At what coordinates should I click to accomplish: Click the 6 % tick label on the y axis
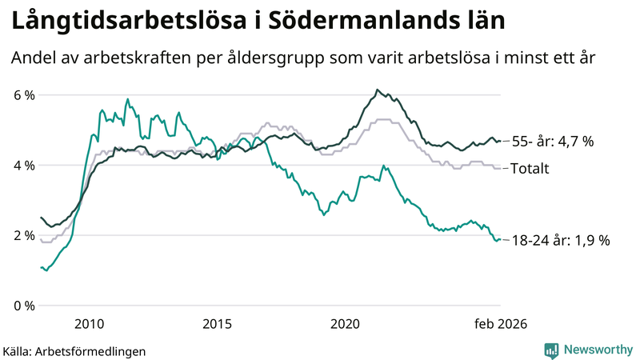pyautogui.click(x=24, y=95)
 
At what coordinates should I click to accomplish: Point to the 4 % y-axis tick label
pyautogui.click(x=24, y=166)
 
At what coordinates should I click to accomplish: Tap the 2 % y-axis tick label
pyautogui.click(x=24, y=235)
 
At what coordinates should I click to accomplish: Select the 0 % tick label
pyautogui.click(x=24, y=306)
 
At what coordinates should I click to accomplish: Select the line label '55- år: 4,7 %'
pyautogui.click(x=552, y=142)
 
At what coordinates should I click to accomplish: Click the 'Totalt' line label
pyautogui.click(x=530, y=169)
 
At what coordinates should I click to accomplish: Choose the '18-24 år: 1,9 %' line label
pyautogui.click(x=560, y=240)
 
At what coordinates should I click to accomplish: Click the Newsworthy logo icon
pyautogui.click(x=551, y=350)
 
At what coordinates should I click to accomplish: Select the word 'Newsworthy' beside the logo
pyautogui.click(x=598, y=350)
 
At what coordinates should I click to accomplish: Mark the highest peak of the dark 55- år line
pyautogui.click(x=377, y=90)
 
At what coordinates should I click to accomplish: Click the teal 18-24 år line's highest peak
pyautogui.click(x=127, y=99)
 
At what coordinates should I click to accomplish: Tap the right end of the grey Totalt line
pyautogui.click(x=500, y=168)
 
